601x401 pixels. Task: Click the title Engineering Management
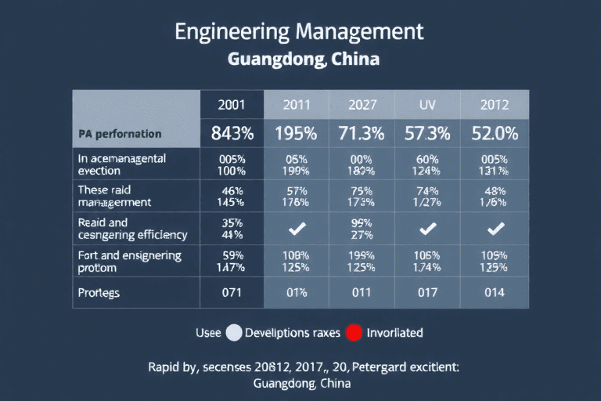pos(300,32)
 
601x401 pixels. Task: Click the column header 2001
pos(232,104)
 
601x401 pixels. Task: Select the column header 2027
pos(362,104)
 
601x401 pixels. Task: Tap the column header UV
pos(427,104)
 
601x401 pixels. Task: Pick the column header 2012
pos(495,104)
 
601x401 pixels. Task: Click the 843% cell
pos(232,133)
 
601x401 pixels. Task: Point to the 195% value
pos(296,133)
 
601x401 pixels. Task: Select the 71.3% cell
pos(362,133)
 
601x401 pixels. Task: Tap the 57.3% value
pos(427,133)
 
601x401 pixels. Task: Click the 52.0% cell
pos(495,133)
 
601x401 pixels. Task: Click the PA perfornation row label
pos(120,134)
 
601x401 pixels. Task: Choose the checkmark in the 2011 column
pos(296,229)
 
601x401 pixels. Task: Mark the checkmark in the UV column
pos(427,229)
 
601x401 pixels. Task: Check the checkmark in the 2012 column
pos(495,229)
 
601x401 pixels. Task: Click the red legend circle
pos(354,333)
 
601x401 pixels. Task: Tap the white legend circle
pos(233,333)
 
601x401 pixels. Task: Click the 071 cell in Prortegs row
pos(232,294)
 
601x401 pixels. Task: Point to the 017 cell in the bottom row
pos(427,294)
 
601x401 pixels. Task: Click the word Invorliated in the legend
pos(395,333)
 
